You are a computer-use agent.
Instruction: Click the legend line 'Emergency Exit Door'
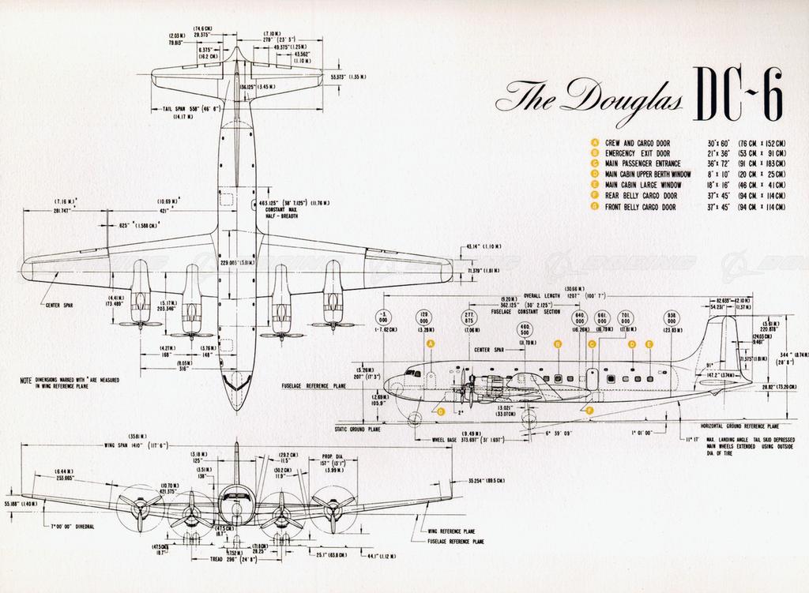tap(638, 152)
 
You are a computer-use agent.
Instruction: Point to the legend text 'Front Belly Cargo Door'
tap(641, 207)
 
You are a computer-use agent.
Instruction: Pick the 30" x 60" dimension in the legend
tap(722, 142)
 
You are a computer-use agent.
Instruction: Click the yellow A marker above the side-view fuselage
tap(431, 344)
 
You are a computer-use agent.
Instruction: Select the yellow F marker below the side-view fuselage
tap(590, 411)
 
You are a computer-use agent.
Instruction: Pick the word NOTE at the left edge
tap(25, 380)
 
